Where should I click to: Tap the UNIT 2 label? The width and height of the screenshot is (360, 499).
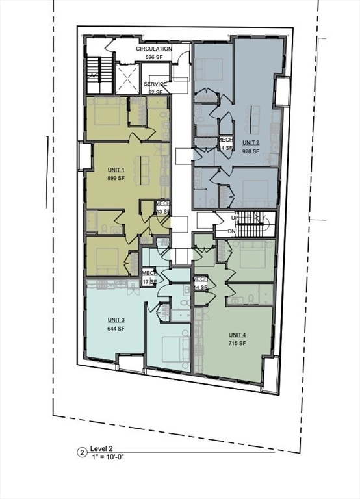click(x=251, y=142)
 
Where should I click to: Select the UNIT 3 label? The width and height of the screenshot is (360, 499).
click(x=116, y=320)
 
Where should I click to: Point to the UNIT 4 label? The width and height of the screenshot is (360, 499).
click(x=237, y=335)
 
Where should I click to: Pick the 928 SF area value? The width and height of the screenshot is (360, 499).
click(x=251, y=151)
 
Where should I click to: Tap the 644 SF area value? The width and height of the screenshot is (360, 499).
click(x=116, y=329)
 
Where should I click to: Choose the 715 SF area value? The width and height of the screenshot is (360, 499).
click(x=237, y=343)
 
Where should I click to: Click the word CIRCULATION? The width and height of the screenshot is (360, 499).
click(x=154, y=49)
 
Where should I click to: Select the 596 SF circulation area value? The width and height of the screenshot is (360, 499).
click(x=154, y=57)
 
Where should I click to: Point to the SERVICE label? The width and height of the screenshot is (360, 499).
click(x=155, y=84)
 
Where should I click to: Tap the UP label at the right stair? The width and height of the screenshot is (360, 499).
click(x=235, y=218)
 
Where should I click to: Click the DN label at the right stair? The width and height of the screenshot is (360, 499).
click(x=232, y=231)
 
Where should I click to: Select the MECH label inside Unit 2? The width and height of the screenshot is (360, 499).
click(x=225, y=140)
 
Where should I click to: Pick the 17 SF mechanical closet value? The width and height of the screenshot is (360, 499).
click(x=149, y=282)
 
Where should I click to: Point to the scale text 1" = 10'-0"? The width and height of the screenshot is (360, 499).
click(x=109, y=457)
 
